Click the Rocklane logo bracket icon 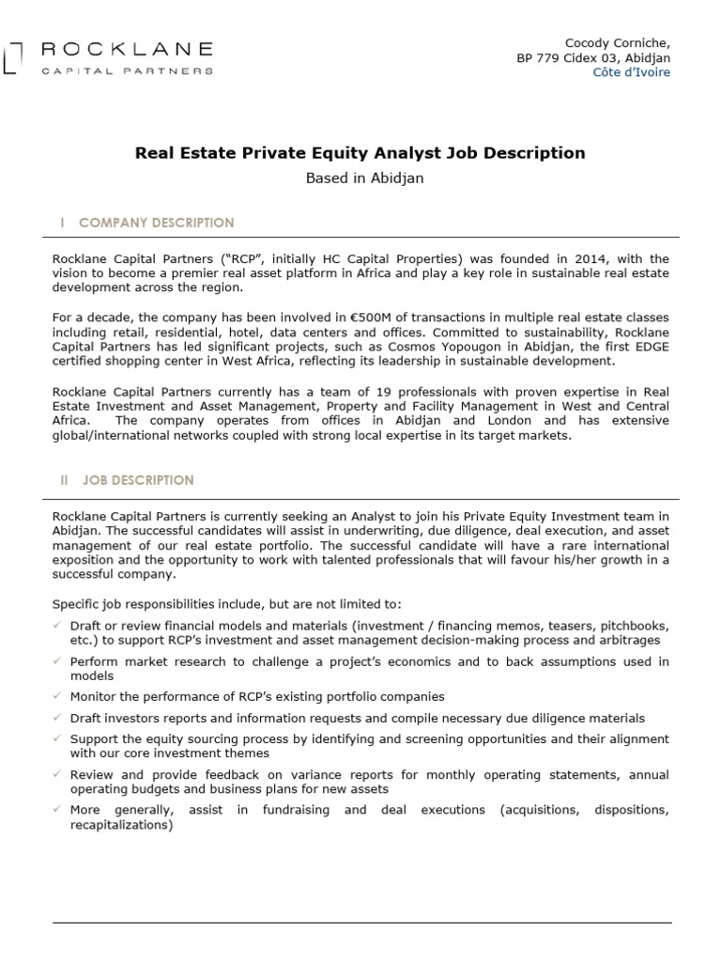coord(9,55)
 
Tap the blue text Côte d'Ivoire coord(632,72)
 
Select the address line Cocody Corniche coord(618,43)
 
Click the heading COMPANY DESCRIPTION coord(156,223)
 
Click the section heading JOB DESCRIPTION coord(138,480)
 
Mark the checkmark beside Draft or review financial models coord(57,625)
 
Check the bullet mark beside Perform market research coord(57,660)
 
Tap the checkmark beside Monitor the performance coord(57,696)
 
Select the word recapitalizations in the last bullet coord(121,826)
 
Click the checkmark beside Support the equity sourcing coord(57,738)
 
